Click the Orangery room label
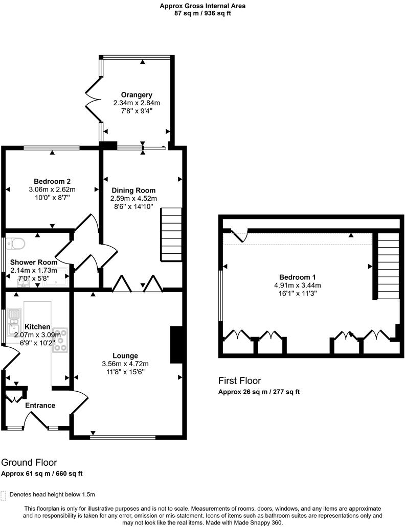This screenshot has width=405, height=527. [137, 95]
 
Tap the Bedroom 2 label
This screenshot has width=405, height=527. [52, 181]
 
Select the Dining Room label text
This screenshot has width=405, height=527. [133, 190]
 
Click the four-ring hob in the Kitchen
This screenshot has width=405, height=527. [60, 340]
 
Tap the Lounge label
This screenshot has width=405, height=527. [125, 355]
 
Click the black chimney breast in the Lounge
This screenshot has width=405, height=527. [176, 345]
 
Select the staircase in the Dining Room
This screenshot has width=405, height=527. [171, 234]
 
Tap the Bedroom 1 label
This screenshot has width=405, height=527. [298, 277]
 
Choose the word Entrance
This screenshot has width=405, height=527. [40, 405]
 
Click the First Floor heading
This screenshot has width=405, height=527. [240, 381]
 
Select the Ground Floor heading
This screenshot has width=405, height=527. [29, 463]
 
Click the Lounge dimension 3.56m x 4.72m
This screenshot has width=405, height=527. [125, 364]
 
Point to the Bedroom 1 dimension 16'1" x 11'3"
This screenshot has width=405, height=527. [298, 293]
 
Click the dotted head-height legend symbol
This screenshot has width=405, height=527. [4, 495]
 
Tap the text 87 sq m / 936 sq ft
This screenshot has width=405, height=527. [202, 13]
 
